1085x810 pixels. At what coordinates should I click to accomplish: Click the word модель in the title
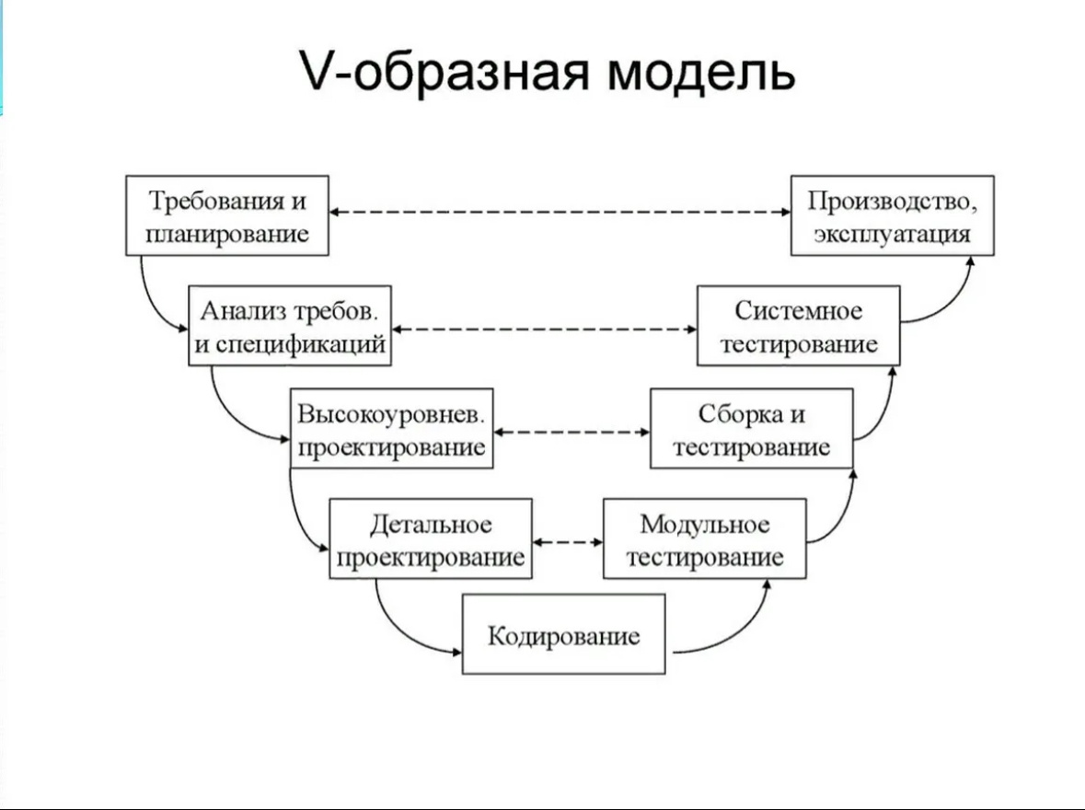point(700,71)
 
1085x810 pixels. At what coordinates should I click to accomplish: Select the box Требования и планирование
point(226,215)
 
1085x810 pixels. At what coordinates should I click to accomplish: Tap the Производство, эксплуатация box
point(892,215)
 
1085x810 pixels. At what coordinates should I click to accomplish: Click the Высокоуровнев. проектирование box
point(390,429)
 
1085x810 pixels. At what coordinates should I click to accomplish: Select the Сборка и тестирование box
point(751,429)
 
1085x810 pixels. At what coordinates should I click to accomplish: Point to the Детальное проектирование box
point(430,539)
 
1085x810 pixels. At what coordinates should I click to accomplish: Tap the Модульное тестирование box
point(704,539)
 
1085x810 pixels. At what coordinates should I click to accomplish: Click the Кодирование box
point(563,635)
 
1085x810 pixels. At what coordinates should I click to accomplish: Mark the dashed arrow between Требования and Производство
point(560,213)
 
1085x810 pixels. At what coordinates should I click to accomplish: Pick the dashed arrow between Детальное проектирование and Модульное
point(568,542)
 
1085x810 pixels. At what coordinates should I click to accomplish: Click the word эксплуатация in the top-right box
point(892,233)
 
